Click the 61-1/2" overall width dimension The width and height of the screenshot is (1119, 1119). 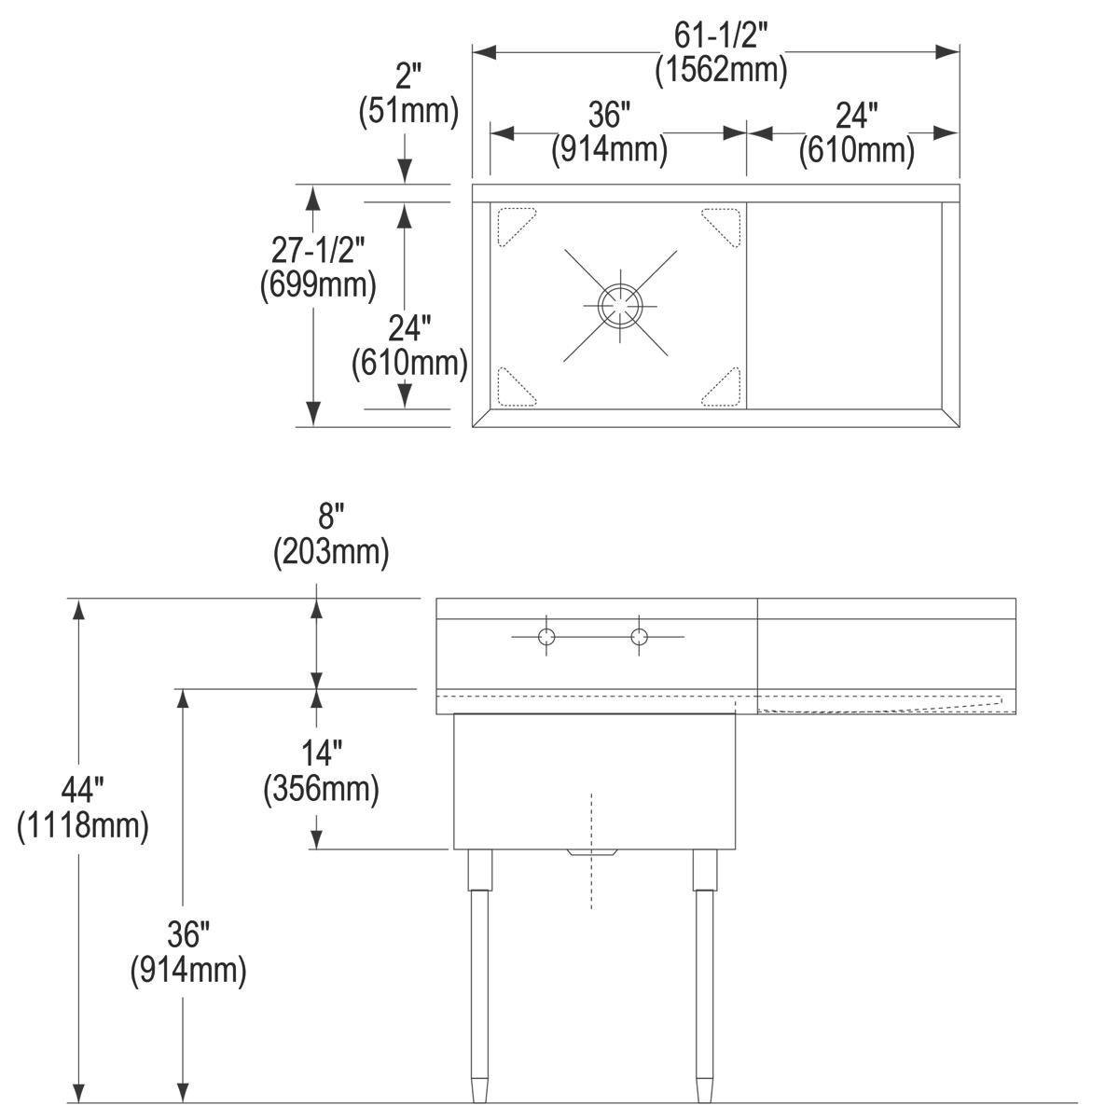(x=721, y=36)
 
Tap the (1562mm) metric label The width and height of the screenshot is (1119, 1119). (x=721, y=70)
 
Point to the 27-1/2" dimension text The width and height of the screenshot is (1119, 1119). (x=318, y=250)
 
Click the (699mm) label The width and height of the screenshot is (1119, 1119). (x=318, y=284)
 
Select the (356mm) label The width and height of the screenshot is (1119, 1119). (x=321, y=789)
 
